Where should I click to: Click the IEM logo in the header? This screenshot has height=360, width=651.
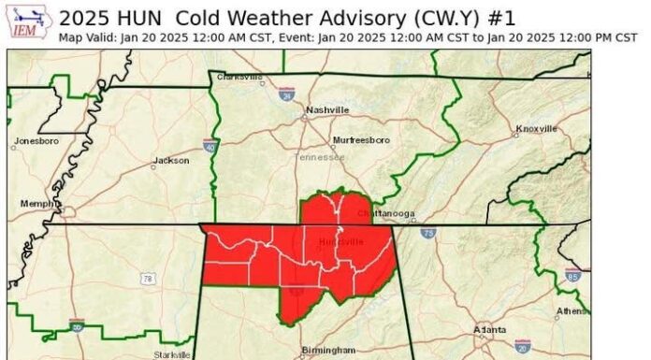tap(29, 23)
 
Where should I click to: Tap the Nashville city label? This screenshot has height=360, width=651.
tap(327, 110)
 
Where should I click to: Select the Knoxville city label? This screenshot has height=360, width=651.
tap(537, 128)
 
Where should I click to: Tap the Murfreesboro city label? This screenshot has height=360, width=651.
tap(362, 140)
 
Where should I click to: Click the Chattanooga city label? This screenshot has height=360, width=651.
tap(387, 213)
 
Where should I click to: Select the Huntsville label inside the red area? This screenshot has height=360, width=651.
tap(340, 242)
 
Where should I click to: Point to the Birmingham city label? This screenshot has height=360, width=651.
tap(328, 350)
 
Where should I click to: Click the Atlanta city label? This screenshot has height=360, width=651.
tap(490, 330)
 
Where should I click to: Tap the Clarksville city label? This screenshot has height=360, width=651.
tap(239, 78)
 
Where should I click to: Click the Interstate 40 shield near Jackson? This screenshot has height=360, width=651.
tap(210, 146)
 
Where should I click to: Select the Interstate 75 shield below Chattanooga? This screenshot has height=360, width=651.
tap(427, 234)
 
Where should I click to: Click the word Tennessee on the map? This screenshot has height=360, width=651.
tap(320, 157)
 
